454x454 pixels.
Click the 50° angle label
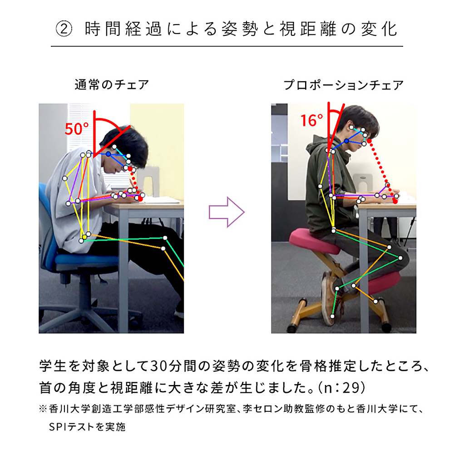(77, 129)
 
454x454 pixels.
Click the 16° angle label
(311, 121)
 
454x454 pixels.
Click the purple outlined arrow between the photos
(227, 212)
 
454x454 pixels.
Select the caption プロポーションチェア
(343, 84)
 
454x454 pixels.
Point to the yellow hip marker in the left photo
(84, 237)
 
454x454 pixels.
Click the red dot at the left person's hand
(140, 199)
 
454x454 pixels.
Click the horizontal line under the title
(227, 46)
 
